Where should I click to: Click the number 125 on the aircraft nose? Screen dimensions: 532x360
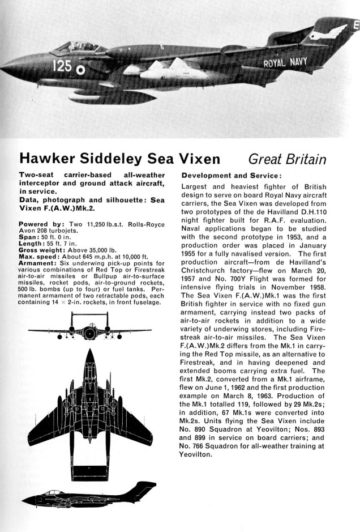pyautogui.click(x=62, y=66)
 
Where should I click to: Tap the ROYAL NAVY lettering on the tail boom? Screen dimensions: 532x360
pyautogui.click(x=285, y=63)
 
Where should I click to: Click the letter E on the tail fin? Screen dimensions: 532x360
pyautogui.click(x=355, y=25)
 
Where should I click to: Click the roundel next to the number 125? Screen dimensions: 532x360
pyautogui.click(x=80, y=70)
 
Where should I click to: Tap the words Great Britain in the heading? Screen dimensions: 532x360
pyautogui.click(x=289, y=159)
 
